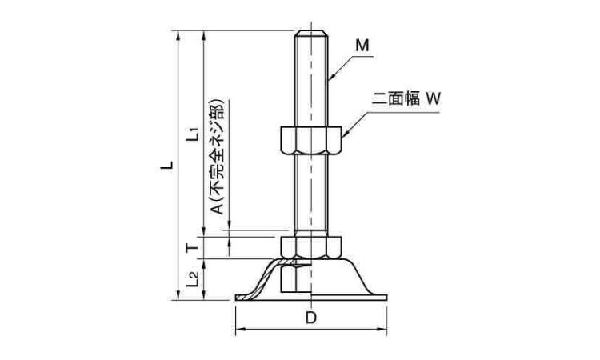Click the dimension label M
click(x=362, y=46)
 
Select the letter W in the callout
click(x=434, y=100)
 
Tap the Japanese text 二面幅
click(x=395, y=100)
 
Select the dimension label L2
click(x=192, y=279)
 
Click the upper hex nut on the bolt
click(x=311, y=140)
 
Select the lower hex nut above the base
click(x=311, y=246)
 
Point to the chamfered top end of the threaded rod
click(x=311, y=34)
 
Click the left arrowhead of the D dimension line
click(x=238, y=330)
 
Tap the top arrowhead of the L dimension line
click(x=174, y=34)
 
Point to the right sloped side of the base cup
click(x=360, y=276)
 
